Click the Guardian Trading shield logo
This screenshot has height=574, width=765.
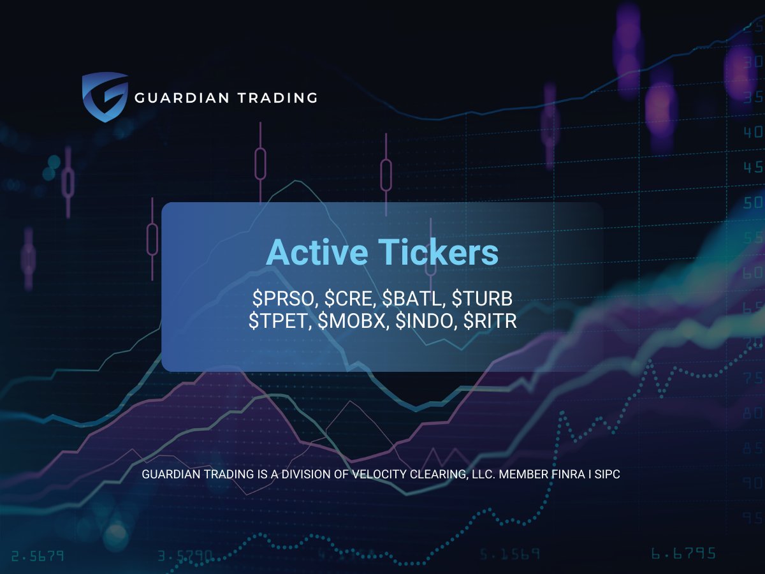click(105, 97)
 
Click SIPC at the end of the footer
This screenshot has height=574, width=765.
click(608, 475)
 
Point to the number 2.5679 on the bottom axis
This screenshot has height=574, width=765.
click(38, 555)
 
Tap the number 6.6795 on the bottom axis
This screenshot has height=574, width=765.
click(683, 553)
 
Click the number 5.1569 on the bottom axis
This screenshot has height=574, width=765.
click(510, 553)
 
